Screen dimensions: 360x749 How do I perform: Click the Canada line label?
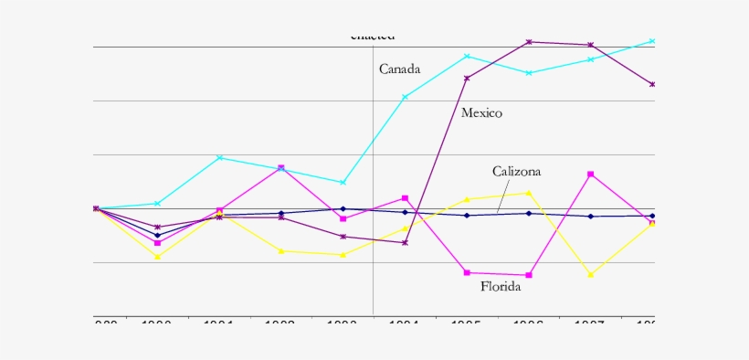pos(399,69)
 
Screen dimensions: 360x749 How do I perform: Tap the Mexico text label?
pos(481,113)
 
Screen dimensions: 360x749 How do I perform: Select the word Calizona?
pos(516,172)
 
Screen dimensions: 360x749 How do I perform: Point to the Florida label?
pos(501,287)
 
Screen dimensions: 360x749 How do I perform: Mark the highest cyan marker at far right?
pos(652,41)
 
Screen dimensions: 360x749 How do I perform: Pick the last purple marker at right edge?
pos(652,84)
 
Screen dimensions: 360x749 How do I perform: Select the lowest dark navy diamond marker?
pos(157,235)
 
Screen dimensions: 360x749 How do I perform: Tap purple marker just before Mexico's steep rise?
pos(405,242)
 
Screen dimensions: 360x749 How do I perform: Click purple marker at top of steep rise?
pos(467,78)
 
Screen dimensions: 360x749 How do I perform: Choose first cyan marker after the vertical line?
pos(405,97)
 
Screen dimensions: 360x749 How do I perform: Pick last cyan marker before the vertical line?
pos(343,183)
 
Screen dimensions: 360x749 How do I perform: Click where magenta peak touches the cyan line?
pos(280,168)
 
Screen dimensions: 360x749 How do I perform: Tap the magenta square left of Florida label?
pos(467,272)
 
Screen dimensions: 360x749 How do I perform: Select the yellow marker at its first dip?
pos(157,257)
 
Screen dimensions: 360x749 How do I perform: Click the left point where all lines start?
pos(96,208)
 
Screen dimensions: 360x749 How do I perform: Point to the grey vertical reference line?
pos(373,274)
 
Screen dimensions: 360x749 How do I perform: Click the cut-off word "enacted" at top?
pos(373,37)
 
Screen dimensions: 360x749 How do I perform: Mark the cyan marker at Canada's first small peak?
pos(219,158)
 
